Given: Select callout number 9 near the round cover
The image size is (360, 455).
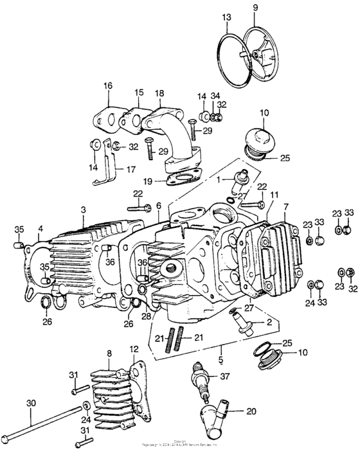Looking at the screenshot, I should [x=255, y=8].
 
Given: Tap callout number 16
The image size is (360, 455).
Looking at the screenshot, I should [x=107, y=85].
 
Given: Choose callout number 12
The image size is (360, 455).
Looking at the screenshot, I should [x=134, y=350].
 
